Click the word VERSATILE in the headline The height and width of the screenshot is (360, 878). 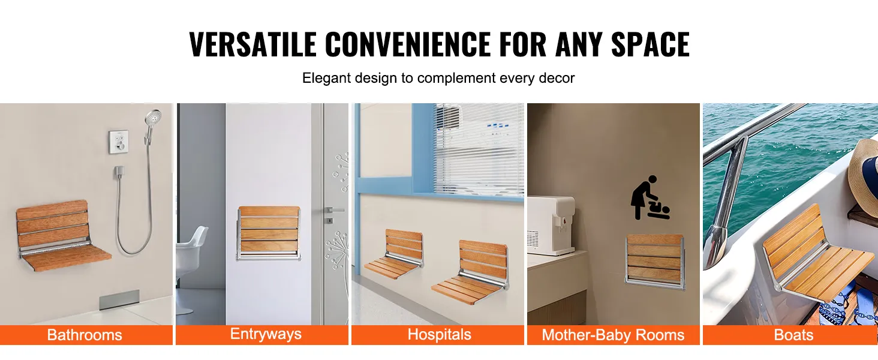click(x=252, y=44)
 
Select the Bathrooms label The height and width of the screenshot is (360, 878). click(x=85, y=335)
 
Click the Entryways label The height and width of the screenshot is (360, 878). click(x=266, y=334)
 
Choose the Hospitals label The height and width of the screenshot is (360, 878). click(x=439, y=335)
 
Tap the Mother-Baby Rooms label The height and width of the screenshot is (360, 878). click(x=613, y=335)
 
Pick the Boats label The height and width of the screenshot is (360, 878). click(x=793, y=335)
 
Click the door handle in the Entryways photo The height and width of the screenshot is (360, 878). click(x=335, y=210)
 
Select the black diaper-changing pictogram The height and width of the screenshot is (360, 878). click(x=650, y=198)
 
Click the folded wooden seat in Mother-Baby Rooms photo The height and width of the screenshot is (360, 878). click(x=655, y=259)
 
